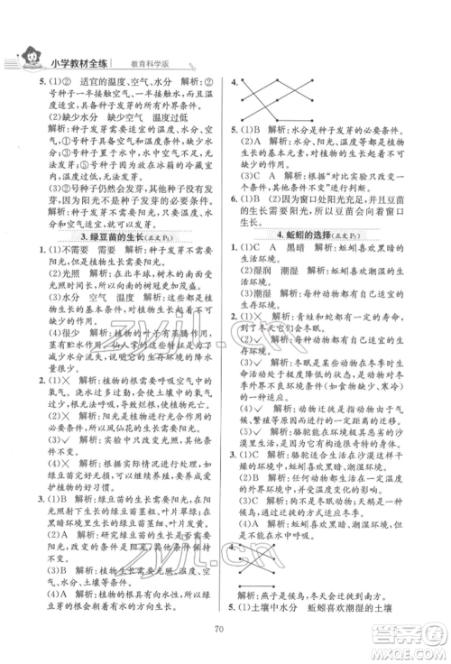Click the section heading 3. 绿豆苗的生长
tap(112, 237)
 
